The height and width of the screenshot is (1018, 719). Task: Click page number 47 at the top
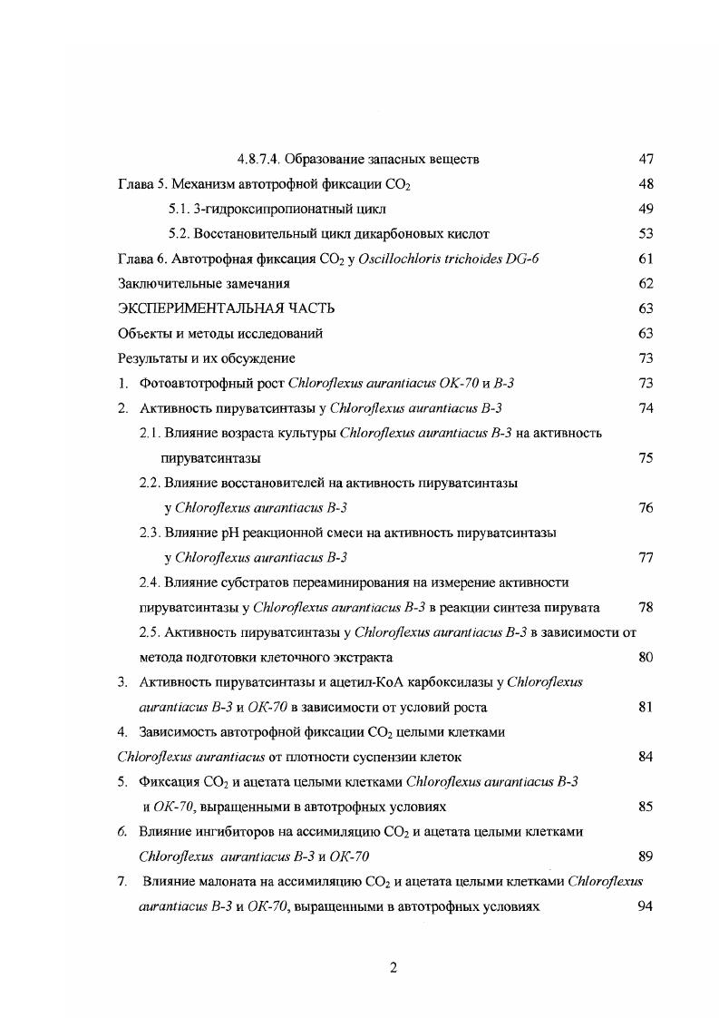[646, 160]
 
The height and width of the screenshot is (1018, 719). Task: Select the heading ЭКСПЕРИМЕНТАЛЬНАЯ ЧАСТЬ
[220, 308]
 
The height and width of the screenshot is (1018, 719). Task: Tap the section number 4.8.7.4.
[263, 160]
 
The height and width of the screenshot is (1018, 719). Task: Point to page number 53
[646, 234]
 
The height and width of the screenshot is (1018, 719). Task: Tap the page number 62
[646, 284]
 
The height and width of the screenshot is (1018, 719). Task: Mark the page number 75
[646, 457]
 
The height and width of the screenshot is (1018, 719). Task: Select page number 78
[646, 606]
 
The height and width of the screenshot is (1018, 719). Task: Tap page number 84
[646, 756]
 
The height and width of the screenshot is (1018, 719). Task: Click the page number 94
[646, 905]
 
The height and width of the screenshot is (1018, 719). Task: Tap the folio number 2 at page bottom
[393, 967]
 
